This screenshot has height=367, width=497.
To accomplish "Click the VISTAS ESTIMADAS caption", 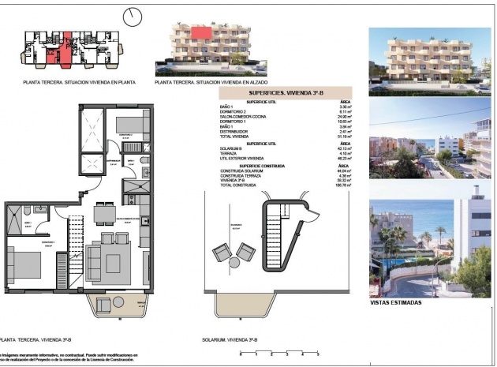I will click(395, 302).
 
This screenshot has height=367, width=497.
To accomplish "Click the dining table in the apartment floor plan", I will click(103, 214).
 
